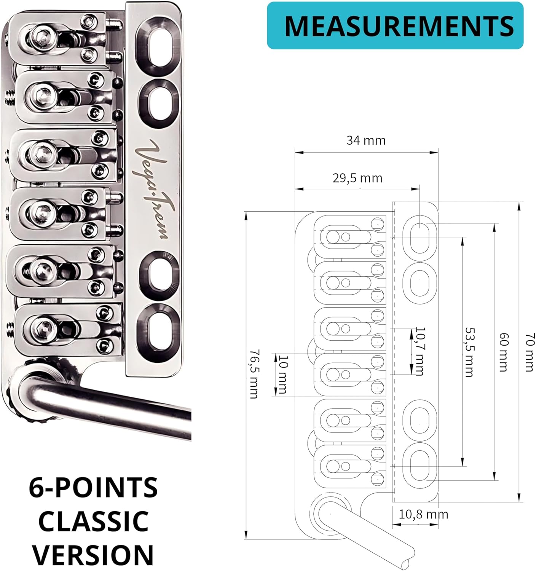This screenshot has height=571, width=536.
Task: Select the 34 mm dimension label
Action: coord(366,140)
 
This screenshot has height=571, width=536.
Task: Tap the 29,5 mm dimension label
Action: coord(357,178)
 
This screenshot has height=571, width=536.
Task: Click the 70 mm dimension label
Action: coord(530,352)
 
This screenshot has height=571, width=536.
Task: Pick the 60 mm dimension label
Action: coord(503,352)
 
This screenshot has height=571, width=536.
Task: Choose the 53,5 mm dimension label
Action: coord(469,352)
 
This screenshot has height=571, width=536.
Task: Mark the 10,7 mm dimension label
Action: coord(420,351)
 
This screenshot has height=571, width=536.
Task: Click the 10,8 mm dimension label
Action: coord(423,514)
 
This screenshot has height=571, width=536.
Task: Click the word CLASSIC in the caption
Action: coord(93,521)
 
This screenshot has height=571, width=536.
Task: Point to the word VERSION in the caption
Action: coord(93,555)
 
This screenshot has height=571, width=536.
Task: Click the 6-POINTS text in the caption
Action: coord(93,488)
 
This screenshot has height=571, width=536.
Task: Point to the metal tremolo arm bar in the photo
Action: coord(114,407)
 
